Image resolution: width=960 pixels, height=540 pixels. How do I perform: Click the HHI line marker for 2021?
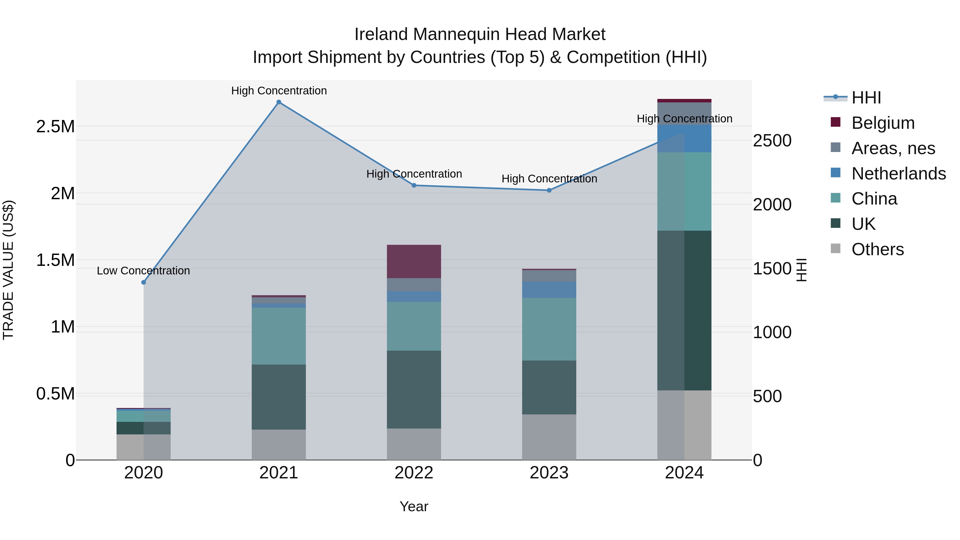tap(279, 102)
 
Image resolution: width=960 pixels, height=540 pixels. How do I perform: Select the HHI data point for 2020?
tap(143, 282)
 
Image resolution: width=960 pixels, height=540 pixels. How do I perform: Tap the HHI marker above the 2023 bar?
tap(549, 190)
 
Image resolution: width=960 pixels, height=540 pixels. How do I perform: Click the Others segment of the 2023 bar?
tap(549, 437)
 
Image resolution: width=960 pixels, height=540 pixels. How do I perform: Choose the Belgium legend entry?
tap(883, 123)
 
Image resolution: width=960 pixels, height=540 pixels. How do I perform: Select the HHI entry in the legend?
tap(866, 98)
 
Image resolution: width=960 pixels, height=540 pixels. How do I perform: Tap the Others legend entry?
tap(877, 249)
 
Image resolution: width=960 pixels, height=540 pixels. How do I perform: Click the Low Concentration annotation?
tap(143, 271)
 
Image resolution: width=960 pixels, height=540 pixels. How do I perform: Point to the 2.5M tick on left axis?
tap(55, 127)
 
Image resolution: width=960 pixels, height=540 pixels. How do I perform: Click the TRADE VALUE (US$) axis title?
tap(8, 270)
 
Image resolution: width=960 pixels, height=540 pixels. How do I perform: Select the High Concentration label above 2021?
tap(279, 91)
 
